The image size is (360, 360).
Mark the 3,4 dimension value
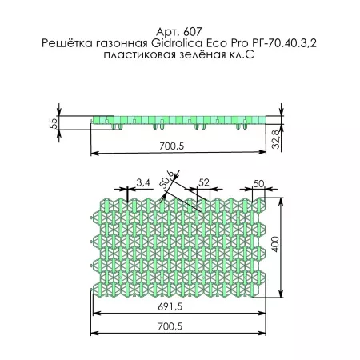143,183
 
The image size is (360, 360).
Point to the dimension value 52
203,183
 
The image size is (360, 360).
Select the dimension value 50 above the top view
258,183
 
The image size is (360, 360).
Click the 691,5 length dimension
178,306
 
